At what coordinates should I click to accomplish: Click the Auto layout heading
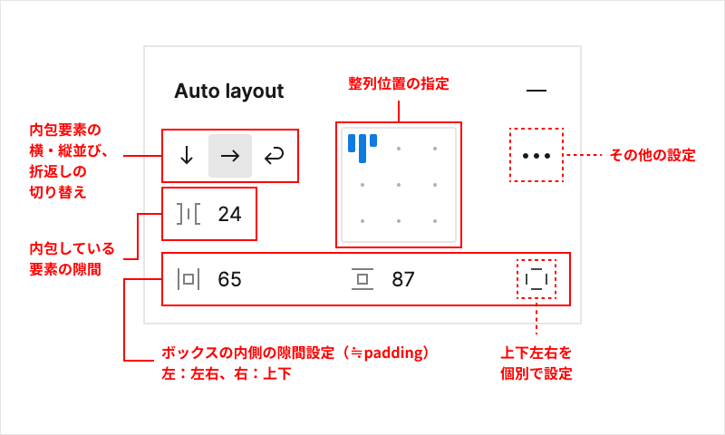click(x=229, y=92)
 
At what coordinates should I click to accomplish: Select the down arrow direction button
click(x=187, y=156)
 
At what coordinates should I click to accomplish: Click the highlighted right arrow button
click(x=230, y=156)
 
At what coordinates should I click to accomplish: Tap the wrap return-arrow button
click(x=274, y=156)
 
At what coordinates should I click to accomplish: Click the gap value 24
click(x=230, y=215)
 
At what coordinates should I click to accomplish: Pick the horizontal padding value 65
click(x=230, y=280)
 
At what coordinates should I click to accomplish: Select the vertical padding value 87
click(x=403, y=280)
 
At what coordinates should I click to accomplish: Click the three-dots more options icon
click(x=536, y=156)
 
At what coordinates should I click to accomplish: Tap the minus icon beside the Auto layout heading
click(x=536, y=90)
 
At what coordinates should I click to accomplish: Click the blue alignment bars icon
click(x=362, y=148)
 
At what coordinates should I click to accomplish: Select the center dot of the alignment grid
click(x=399, y=185)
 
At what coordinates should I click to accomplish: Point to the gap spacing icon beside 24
click(x=188, y=214)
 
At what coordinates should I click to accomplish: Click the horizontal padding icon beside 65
click(x=188, y=279)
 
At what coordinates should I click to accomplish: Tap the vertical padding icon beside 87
click(x=362, y=279)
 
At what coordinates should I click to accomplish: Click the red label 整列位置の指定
click(x=399, y=83)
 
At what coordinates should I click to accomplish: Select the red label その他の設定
click(x=652, y=155)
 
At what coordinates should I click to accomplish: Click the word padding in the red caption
click(x=393, y=353)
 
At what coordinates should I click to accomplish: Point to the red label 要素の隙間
click(x=65, y=269)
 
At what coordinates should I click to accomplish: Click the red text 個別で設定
click(x=536, y=373)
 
